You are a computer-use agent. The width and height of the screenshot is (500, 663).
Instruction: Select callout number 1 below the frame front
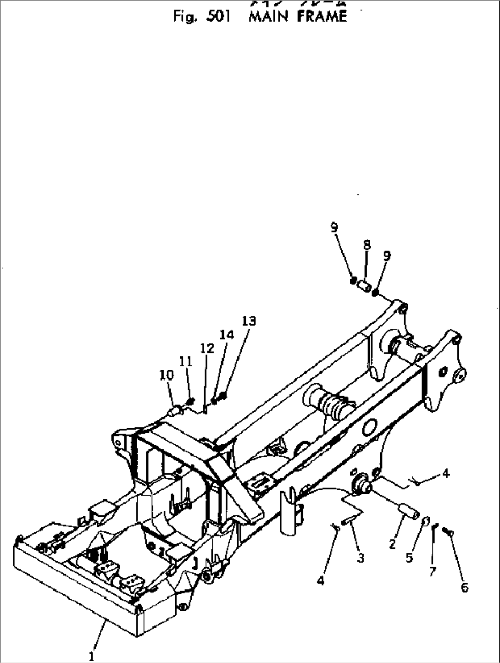click(x=91, y=656)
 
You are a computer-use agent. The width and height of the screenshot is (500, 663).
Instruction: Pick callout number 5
click(x=409, y=558)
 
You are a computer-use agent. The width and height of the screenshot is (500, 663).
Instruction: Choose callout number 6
click(x=464, y=587)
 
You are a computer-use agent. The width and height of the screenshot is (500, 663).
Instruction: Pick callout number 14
click(x=226, y=335)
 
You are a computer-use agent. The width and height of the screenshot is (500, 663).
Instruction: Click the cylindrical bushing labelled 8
click(x=365, y=287)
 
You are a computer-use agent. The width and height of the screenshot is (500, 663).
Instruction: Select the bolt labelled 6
click(x=448, y=531)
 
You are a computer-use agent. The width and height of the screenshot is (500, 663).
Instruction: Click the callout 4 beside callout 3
click(x=321, y=580)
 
